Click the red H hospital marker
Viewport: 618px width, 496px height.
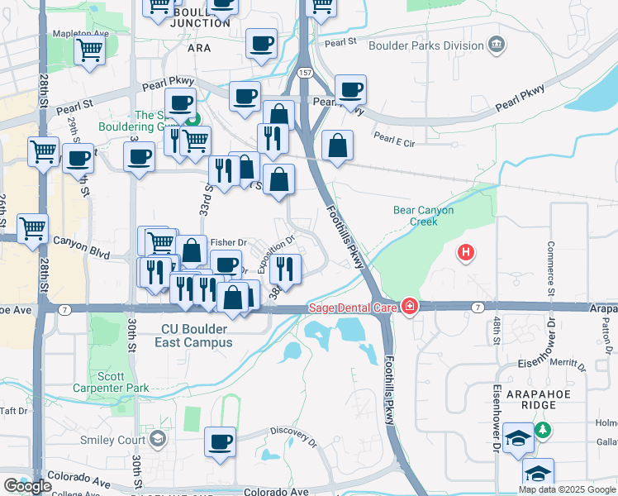point(467,251)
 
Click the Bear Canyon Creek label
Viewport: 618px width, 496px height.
point(423,216)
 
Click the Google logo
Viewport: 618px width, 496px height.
point(27,486)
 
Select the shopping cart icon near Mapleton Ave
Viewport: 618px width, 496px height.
point(89,51)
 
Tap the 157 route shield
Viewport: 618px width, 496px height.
point(305,74)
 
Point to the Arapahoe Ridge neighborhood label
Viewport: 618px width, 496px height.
point(541,395)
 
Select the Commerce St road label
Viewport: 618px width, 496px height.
point(550,269)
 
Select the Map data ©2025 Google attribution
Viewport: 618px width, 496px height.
point(567,489)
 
